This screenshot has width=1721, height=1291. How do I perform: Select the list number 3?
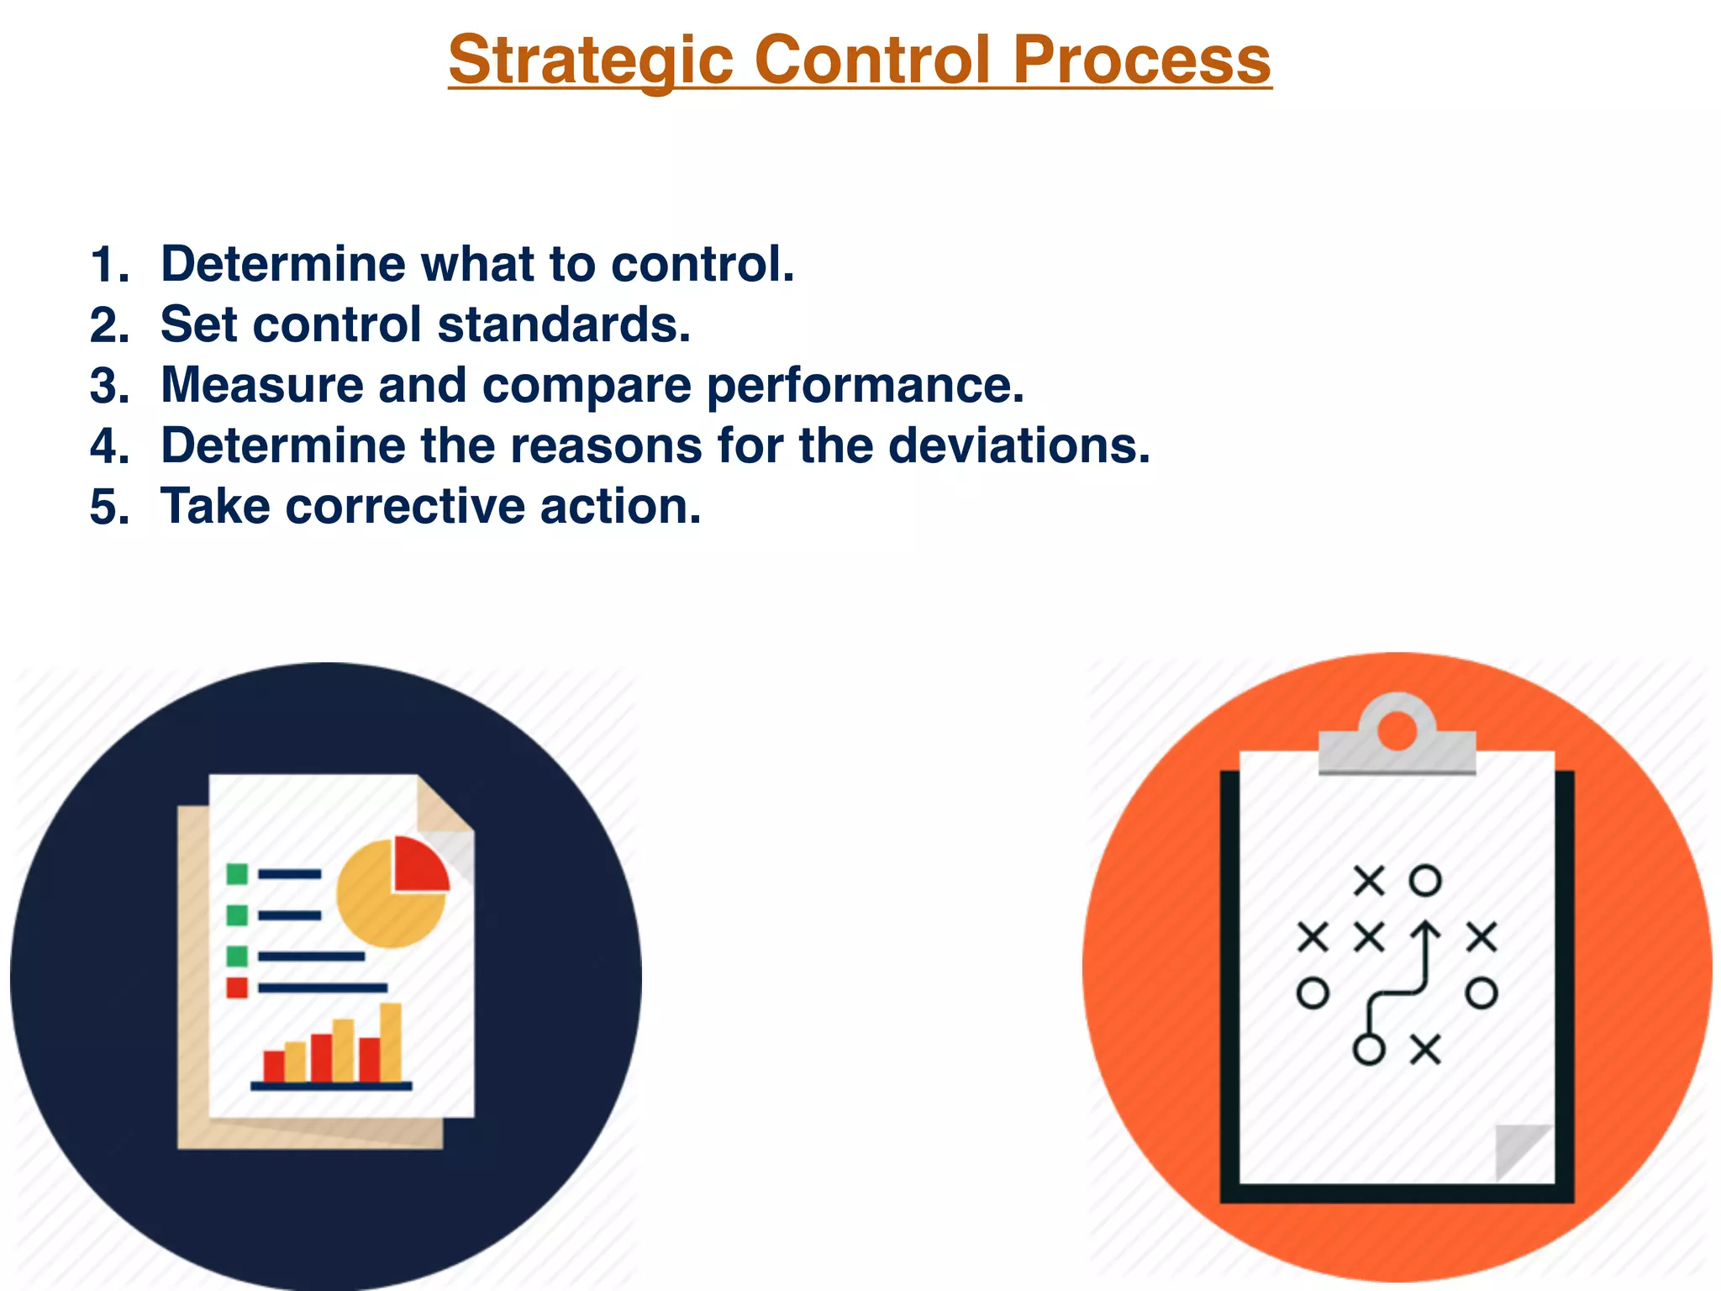[109, 386]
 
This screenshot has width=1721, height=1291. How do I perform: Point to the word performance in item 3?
[865, 386]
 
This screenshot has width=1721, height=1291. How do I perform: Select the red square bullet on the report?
[237, 988]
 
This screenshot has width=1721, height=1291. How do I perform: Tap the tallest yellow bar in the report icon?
[391, 1042]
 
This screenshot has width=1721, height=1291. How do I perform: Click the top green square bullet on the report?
[237, 874]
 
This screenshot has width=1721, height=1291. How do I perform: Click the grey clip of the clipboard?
[1397, 740]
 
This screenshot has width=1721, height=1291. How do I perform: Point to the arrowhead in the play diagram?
[1425, 930]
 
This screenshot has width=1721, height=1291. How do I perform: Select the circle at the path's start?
[1369, 1050]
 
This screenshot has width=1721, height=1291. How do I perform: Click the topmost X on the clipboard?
[1369, 881]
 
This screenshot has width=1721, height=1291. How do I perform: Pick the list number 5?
[109, 508]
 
